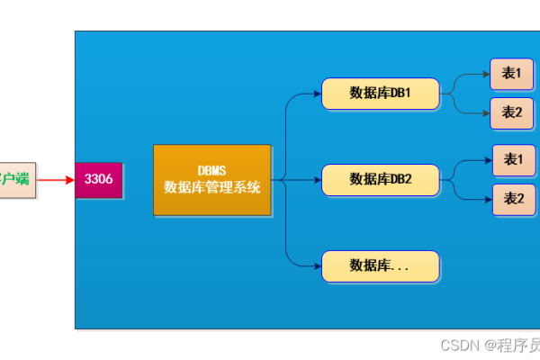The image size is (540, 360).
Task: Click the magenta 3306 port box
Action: click(98, 179)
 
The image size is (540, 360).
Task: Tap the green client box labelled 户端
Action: click(17, 179)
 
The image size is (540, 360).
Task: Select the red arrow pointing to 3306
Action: click(56, 180)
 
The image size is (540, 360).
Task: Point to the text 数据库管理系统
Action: click(212, 187)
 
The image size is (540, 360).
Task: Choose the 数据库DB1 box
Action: click(380, 94)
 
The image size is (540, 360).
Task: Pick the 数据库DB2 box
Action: click(380, 179)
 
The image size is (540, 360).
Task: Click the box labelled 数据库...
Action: click(380, 265)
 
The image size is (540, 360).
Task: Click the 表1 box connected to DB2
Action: click(514, 159)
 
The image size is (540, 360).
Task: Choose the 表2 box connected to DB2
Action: click(514, 199)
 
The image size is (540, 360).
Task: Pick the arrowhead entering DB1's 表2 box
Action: click(486, 112)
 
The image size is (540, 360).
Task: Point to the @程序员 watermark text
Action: click(512, 345)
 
